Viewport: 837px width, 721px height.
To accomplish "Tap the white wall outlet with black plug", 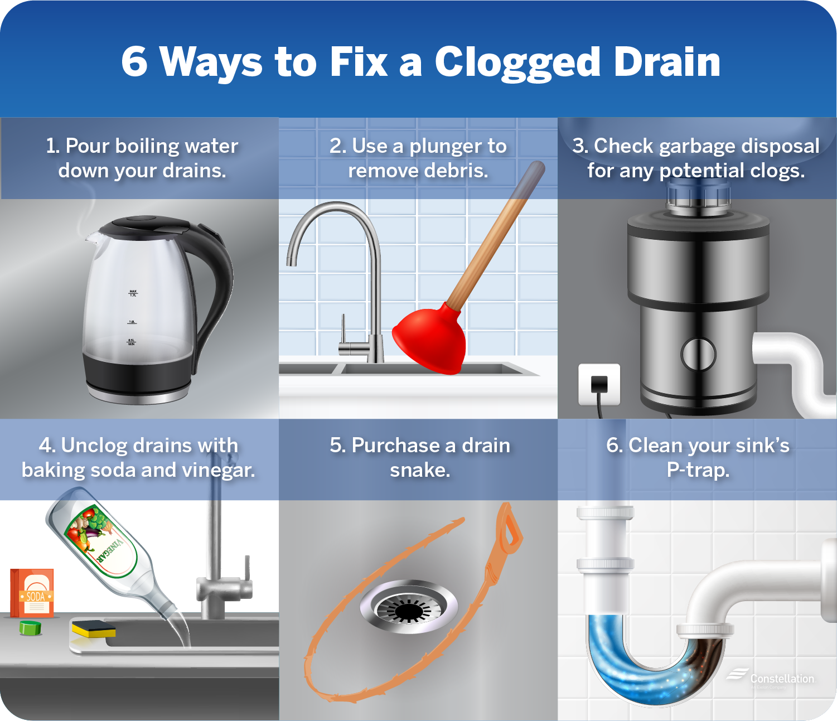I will (x=599, y=384).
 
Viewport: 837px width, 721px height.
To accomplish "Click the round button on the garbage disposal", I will (x=698, y=354).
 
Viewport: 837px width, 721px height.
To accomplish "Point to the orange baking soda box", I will (x=33, y=593).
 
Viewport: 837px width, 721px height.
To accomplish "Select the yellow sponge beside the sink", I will (x=93, y=629).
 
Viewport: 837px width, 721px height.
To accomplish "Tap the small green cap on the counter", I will (x=31, y=627).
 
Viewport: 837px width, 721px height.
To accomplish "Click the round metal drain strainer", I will (x=409, y=607).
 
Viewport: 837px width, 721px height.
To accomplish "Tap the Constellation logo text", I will (x=782, y=679).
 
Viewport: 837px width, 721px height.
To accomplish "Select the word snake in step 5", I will (x=420, y=470).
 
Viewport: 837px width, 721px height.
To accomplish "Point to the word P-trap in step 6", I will (x=698, y=470).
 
